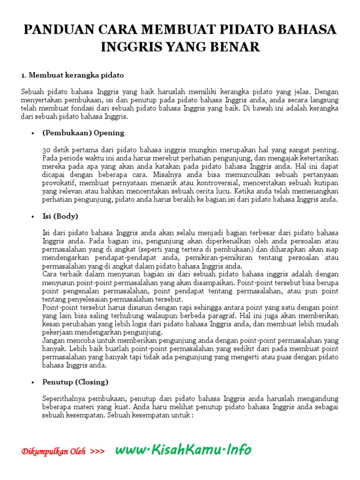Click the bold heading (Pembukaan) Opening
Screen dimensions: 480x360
pos(83,133)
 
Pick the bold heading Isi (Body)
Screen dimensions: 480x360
pos(60,216)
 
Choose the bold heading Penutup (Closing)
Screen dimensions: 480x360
pos(75,382)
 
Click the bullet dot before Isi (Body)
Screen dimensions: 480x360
pos(33,217)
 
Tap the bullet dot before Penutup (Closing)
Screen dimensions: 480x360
pos(33,382)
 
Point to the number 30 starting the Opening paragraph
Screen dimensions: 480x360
pos(46,150)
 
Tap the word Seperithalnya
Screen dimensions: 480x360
pos(65,399)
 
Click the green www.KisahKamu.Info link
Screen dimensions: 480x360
pos(183,450)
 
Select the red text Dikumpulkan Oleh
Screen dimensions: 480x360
pos(53,452)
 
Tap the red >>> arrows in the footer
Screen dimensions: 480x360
pos(97,452)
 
